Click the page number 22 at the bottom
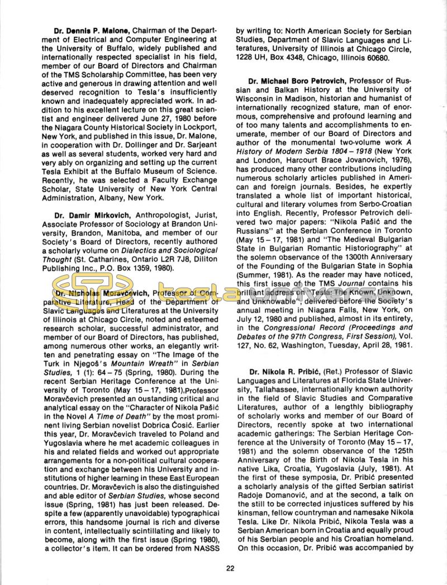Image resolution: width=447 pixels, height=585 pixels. tap(230, 569)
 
